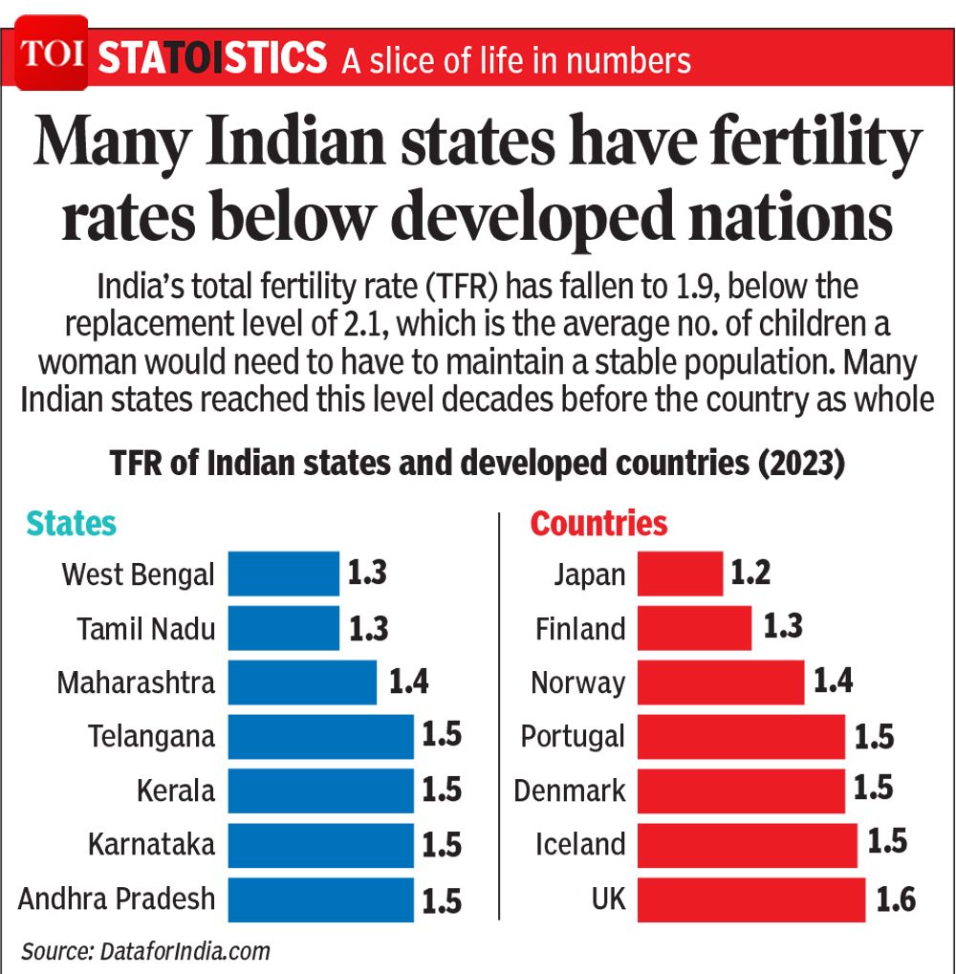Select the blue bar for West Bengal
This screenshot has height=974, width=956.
[x=283, y=574]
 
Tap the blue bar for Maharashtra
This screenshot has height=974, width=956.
[x=302, y=682]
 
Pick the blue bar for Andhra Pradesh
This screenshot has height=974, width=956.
[x=320, y=900]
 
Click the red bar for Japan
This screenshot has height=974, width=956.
[x=680, y=574]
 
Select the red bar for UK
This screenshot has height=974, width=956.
[x=751, y=900]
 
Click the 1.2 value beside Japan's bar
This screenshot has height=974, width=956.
[x=750, y=573]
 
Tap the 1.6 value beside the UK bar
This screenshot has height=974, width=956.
[x=895, y=900]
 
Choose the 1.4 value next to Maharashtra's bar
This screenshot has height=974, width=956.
[x=408, y=682]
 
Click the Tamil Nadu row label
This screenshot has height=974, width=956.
[x=145, y=629]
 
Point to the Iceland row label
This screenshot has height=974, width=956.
[x=580, y=845]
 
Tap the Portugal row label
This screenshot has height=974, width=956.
[x=573, y=737]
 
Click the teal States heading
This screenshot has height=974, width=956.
[x=71, y=524]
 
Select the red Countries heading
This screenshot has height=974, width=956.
[x=598, y=524]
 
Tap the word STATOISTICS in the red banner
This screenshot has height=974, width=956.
[x=212, y=59]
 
